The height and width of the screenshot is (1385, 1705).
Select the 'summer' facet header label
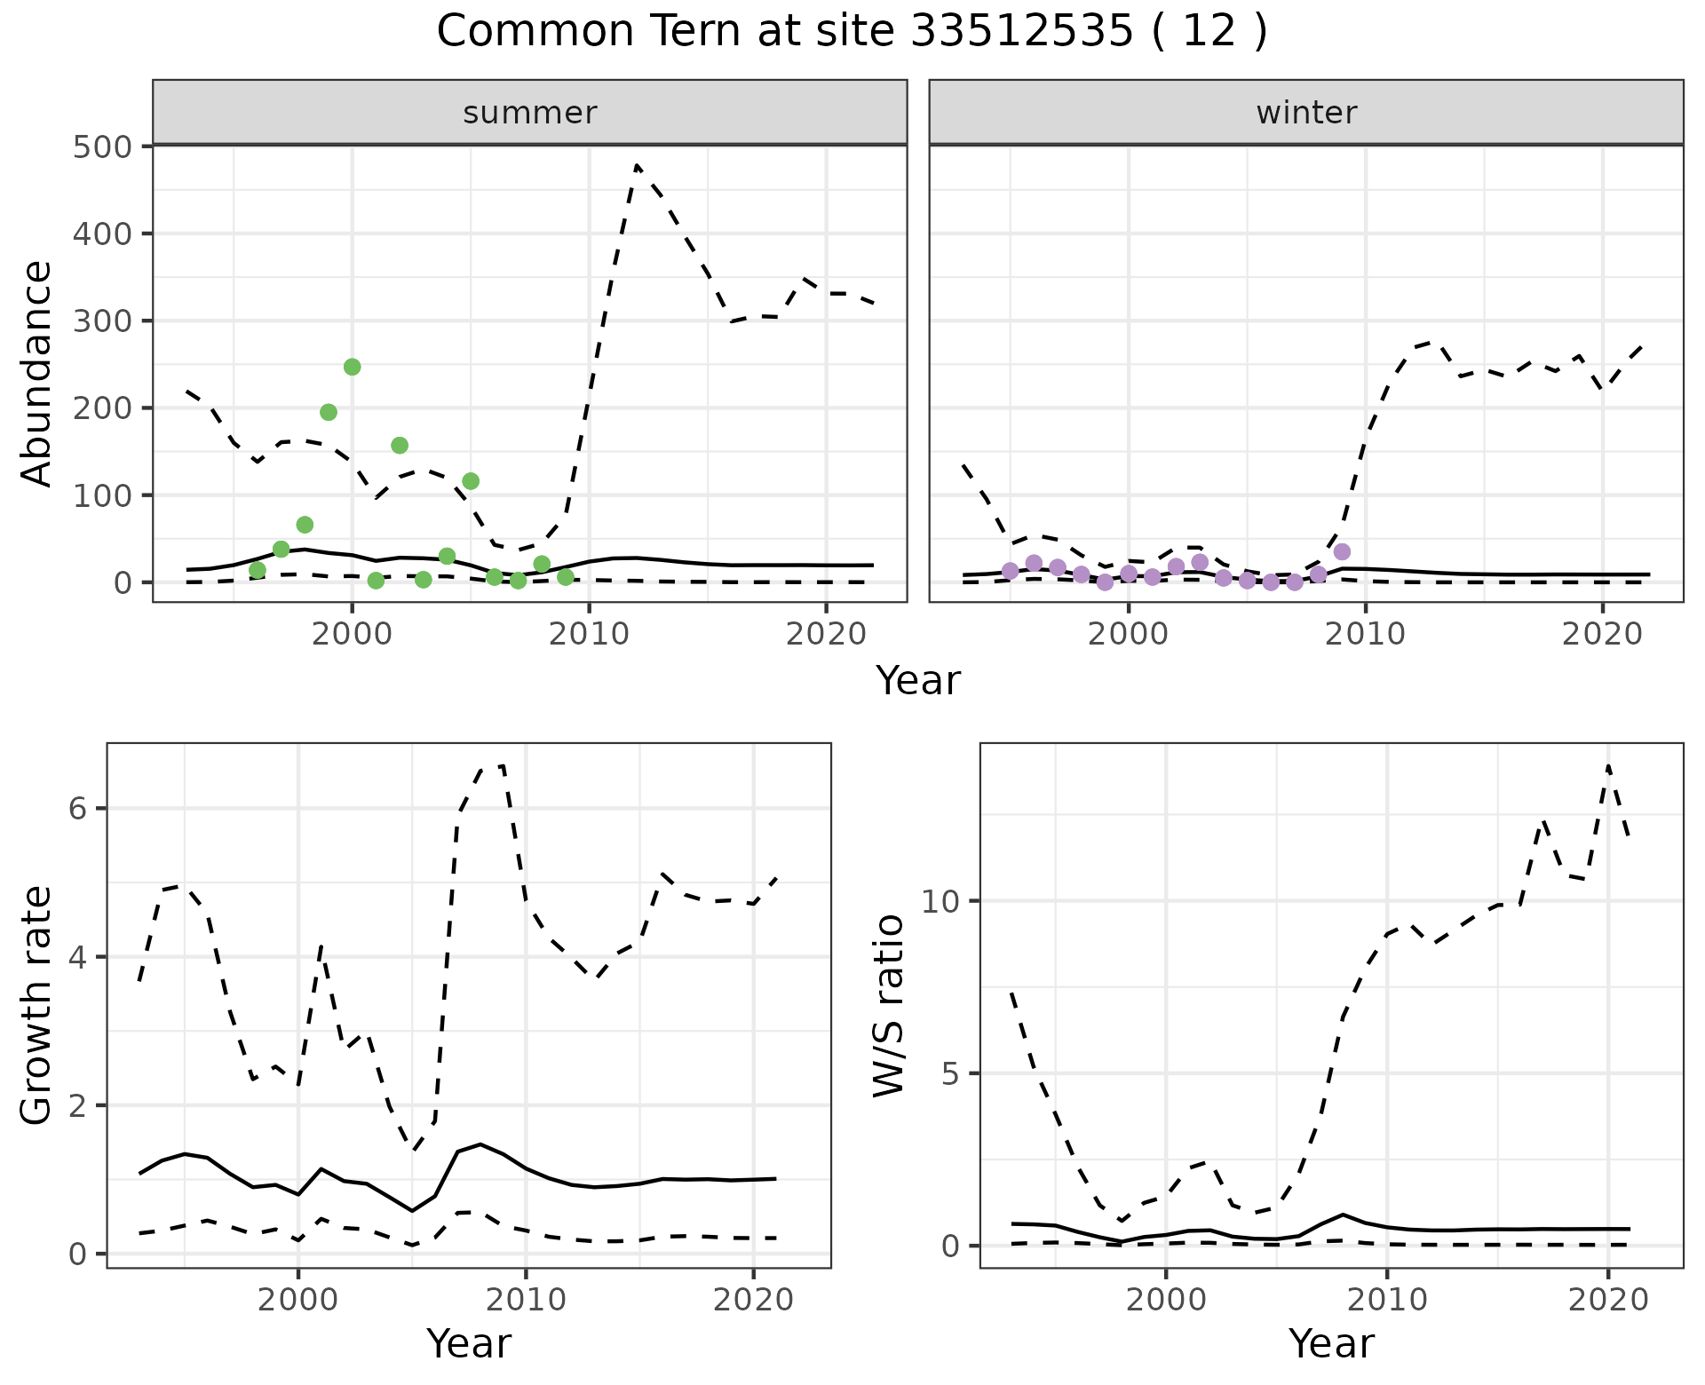coord(530,113)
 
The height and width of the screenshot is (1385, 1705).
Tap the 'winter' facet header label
coord(1306,113)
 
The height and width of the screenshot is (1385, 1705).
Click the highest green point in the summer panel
coord(352,367)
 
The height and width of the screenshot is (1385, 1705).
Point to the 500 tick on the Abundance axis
coord(102,146)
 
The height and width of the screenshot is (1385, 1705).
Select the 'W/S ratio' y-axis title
coord(889,1005)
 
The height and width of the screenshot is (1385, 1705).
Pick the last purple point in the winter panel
coord(1342,551)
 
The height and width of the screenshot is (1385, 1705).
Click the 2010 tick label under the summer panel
coord(589,635)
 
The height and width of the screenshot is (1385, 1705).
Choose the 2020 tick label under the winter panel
coord(1602,635)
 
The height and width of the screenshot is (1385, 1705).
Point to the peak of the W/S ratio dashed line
coord(1608,765)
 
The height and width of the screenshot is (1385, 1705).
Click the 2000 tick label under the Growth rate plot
coord(298,1300)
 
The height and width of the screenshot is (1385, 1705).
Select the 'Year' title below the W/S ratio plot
coord(1331,1343)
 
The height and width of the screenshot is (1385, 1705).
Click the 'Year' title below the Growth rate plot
coord(469,1343)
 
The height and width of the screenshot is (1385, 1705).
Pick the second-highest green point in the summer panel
coord(329,412)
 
